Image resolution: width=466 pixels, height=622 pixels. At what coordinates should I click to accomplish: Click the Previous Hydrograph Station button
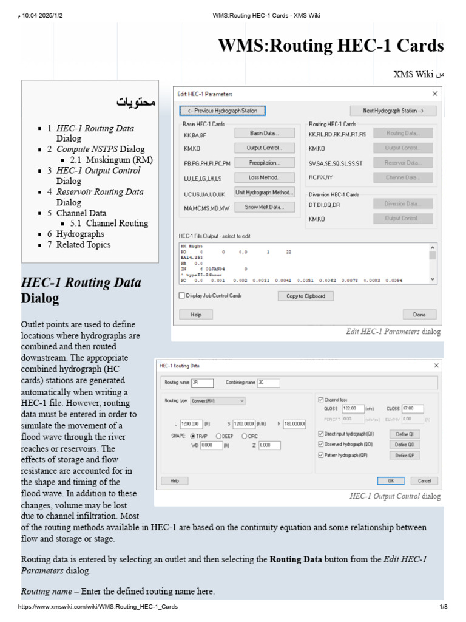point(222,111)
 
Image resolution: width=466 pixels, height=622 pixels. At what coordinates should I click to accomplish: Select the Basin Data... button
point(264,133)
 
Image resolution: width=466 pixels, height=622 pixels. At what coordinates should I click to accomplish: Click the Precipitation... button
point(264,163)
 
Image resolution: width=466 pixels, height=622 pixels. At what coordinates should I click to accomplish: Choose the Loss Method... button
point(264,177)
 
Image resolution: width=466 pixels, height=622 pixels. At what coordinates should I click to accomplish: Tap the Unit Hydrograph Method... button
point(264,193)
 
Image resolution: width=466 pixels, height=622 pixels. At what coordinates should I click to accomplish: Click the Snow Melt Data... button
point(264,207)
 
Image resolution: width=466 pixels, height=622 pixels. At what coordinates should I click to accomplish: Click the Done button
point(419,315)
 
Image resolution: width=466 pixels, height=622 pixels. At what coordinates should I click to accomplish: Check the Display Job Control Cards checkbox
point(181,296)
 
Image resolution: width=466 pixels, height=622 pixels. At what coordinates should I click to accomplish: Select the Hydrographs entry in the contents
point(80,234)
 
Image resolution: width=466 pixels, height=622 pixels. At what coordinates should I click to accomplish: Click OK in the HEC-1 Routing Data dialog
point(390,480)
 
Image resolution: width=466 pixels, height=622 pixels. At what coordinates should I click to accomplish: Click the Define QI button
point(404,434)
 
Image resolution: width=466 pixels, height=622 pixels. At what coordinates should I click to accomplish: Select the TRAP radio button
point(193,436)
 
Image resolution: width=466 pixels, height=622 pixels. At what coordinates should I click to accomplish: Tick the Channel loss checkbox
point(321,400)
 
